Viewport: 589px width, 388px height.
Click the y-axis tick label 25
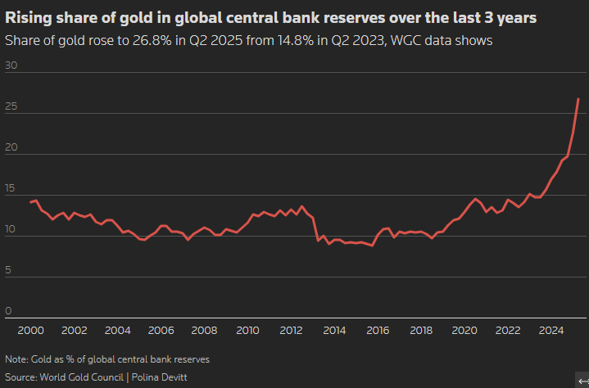11,107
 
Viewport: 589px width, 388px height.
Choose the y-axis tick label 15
11,188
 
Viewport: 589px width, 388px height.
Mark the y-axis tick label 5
8,269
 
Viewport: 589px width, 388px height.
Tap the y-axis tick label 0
8,310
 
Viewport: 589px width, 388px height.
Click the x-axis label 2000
31,330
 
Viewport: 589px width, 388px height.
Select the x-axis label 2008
204,330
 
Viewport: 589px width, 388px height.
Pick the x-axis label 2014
334,330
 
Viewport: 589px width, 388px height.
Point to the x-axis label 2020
464,330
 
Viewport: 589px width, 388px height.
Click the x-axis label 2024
551,330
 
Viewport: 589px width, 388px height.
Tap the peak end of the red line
578,99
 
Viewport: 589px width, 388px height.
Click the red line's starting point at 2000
30,201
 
